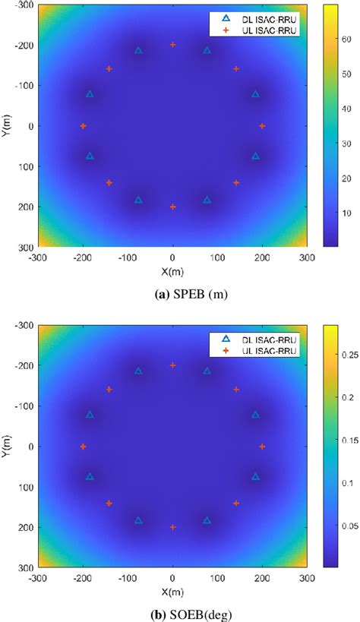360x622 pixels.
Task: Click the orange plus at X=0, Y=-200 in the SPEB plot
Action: (172, 45)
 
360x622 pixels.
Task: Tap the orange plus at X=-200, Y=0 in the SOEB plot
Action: (83, 447)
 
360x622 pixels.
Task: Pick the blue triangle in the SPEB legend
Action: (226, 17)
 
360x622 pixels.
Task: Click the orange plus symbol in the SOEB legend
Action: (226, 351)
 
